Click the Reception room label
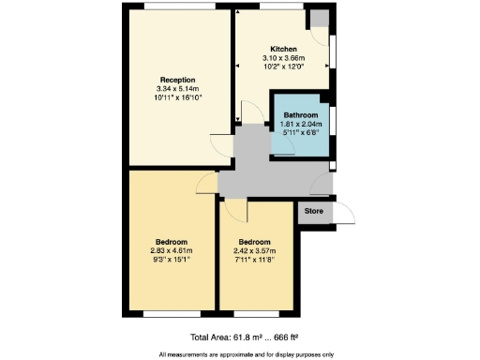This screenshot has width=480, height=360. click(x=176, y=80)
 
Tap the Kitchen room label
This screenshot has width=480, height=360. click(x=284, y=49)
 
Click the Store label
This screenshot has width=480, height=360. click(x=315, y=212)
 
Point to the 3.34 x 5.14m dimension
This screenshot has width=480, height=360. click(x=176, y=88)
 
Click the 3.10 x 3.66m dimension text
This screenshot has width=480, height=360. click(x=284, y=58)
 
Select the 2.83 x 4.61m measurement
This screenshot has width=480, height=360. click(x=172, y=250)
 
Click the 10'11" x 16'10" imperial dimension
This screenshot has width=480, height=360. click(x=176, y=97)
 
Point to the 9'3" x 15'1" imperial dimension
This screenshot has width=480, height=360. click(x=172, y=259)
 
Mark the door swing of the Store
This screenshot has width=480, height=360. click(x=346, y=215)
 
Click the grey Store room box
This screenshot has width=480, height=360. click(x=315, y=213)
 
